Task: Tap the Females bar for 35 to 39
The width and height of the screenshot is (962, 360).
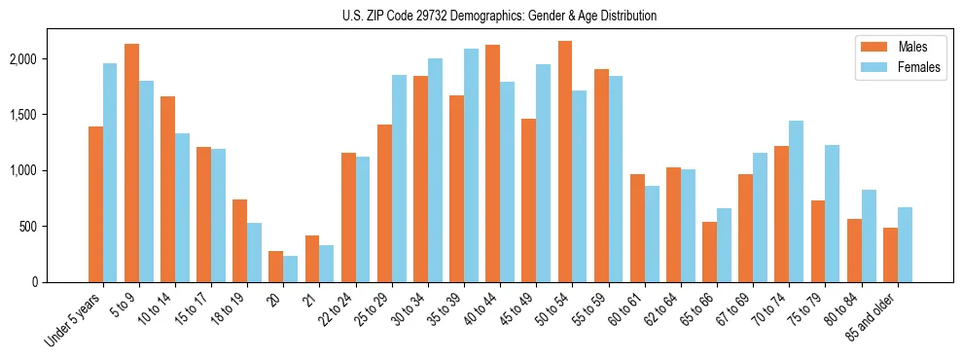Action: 471,165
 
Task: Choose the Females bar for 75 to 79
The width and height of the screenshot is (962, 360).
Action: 833,213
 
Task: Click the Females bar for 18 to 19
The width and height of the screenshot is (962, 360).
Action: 255,252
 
